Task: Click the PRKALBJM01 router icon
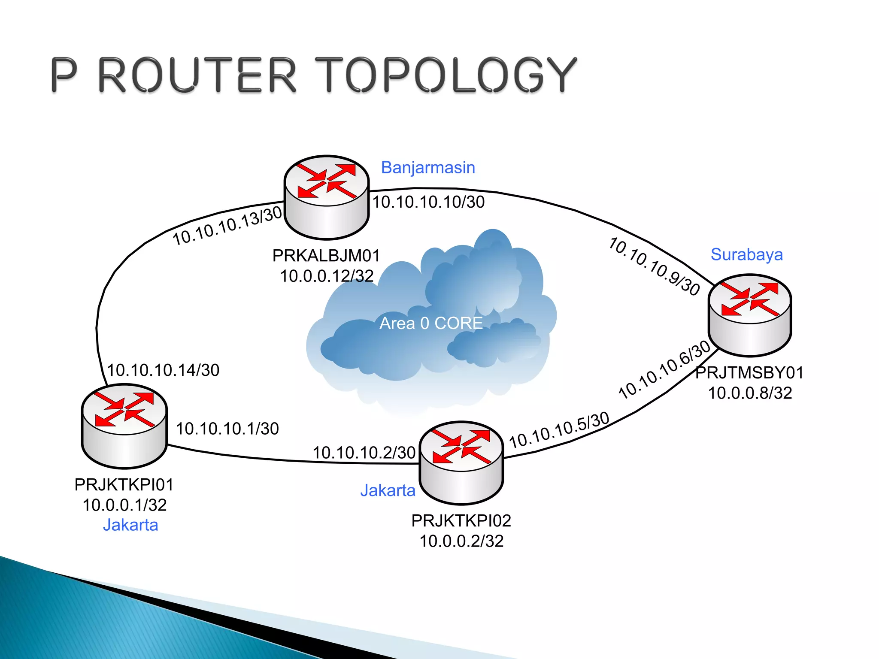(x=327, y=197)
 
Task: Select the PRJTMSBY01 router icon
(x=749, y=315)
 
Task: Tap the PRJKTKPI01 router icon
(x=124, y=426)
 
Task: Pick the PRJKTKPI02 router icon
(x=461, y=463)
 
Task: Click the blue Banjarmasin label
(x=428, y=167)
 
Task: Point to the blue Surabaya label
(x=746, y=254)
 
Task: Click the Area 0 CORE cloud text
(x=431, y=323)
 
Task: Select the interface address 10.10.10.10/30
(x=428, y=202)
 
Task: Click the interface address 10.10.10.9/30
(x=655, y=266)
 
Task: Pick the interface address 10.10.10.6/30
(x=665, y=369)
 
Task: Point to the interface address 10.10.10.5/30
(x=559, y=429)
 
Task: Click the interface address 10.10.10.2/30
(x=364, y=452)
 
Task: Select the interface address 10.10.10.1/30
(x=227, y=428)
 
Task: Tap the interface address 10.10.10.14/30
(x=163, y=370)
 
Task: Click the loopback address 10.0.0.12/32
(x=327, y=276)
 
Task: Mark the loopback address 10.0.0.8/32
(x=749, y=393)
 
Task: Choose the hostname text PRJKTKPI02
(x=461, y=520)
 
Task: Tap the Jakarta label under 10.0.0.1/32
(x=130, y=525)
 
